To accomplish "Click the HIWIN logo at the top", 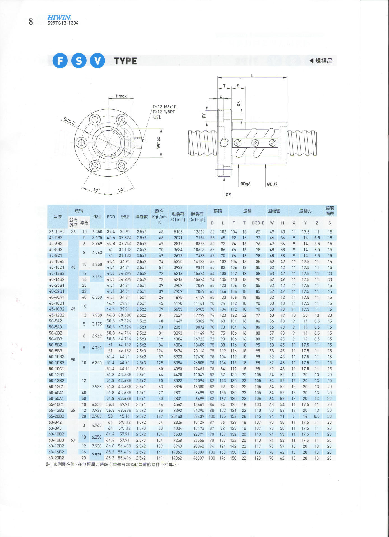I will point(59,18).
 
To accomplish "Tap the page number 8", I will point(31,22).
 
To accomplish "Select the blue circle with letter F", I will point(60,61).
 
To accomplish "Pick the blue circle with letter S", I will point(79,61).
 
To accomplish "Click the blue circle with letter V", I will point(97,61).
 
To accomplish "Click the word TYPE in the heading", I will point(125,61).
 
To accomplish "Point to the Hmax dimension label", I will point(121,96).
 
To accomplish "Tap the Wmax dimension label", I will point(158,143).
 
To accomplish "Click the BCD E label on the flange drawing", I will point(69,121).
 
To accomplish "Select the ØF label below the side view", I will point(228,195).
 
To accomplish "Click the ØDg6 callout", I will point(245,184).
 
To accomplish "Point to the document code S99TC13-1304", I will point(63,23).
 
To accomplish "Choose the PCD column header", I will point(111,217).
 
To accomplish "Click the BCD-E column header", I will point(258,223).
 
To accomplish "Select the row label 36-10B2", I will point(57,232).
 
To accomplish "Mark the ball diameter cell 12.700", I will point(96,416).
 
